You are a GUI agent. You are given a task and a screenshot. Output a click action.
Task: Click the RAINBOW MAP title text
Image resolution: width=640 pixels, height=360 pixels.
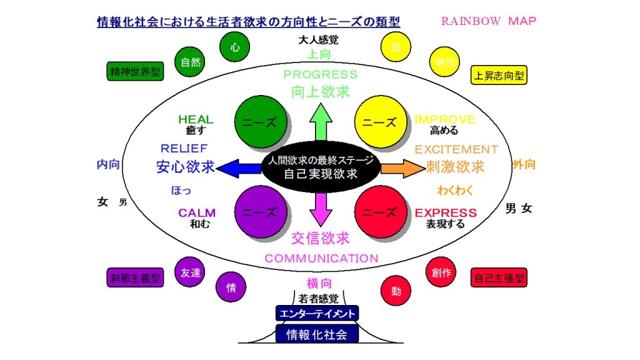489,21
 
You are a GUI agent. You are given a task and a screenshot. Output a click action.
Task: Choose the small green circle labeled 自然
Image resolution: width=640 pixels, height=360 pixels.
190,62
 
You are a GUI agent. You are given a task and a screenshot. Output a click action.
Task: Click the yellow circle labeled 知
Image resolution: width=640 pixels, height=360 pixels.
396,47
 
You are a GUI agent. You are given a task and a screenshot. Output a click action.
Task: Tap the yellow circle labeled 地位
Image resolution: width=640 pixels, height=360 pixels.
445,62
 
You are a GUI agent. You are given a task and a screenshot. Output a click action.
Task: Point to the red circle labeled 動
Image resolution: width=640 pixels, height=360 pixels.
396,290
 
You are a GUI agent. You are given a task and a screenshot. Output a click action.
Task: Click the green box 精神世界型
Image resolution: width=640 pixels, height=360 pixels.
135,72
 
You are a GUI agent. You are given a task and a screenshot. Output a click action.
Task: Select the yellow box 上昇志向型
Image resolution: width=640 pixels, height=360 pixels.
499,76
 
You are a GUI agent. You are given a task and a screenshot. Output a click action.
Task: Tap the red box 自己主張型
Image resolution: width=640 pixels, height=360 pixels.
499,277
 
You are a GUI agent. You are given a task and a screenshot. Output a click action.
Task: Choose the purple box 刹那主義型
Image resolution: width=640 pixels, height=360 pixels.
135,277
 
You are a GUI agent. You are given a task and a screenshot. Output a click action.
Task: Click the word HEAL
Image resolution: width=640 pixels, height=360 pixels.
196,119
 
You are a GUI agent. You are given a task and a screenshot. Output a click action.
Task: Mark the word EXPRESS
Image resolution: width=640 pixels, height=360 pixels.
446,212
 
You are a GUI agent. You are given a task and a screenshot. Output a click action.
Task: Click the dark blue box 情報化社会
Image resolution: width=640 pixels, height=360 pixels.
317,334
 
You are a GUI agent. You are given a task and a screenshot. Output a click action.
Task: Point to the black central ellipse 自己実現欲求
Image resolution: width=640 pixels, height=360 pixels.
321,167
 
